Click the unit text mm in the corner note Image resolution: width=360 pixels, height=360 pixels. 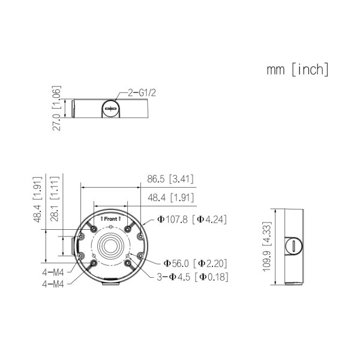pyautogui.click(x=275, y=70)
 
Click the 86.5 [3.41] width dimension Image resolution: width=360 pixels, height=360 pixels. pyautogui.click(x=170, y=179)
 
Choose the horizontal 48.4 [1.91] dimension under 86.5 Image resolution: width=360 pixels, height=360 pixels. pyautogui.click(x=170, y=197)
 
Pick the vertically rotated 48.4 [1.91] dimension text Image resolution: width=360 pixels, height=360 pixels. pyautogui.click(x=37, y=200)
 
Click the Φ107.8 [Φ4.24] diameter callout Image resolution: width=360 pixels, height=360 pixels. pyautogui.click(x=191, y=220)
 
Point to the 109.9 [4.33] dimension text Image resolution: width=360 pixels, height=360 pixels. pyautogui.click(x=266, y=247)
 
